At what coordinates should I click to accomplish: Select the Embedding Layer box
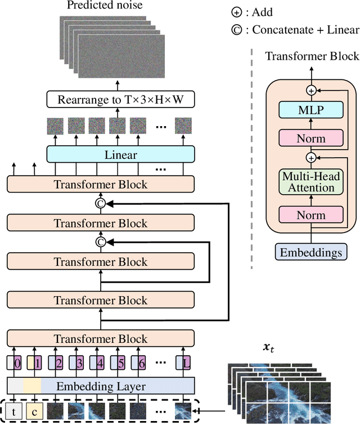(101, 386)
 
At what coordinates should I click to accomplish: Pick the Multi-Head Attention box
(310, 182)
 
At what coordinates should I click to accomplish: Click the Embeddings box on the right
(310, 252)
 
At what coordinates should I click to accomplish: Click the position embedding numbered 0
(16, 364)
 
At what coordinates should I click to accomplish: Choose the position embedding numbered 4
(99, 364)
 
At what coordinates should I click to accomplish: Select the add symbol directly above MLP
(310, 90)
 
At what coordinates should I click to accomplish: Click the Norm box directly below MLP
(310, 137)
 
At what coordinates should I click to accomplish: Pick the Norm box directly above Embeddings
(310, 214)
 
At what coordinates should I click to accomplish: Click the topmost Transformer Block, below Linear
(101, 184)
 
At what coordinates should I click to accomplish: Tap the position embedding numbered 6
(141, 364)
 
